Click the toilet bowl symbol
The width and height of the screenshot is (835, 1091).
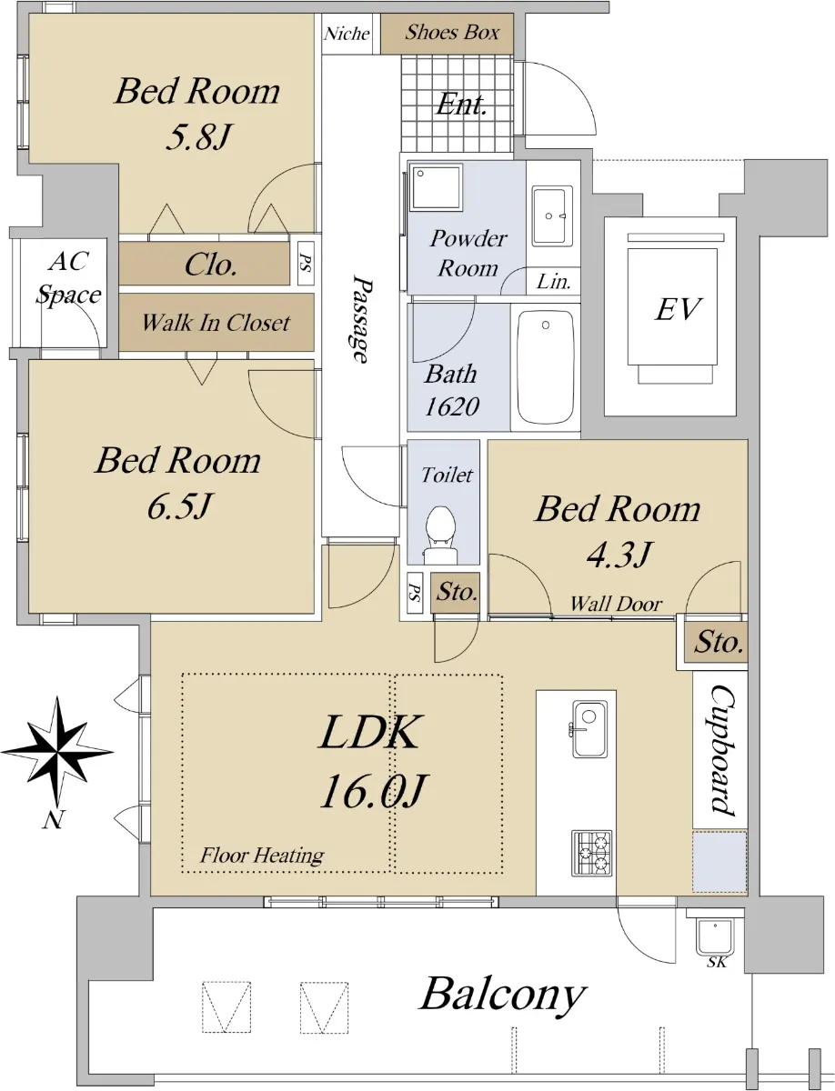click(440, 535)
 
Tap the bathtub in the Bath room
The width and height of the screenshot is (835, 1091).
click(546, 367)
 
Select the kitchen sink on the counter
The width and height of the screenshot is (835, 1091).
click(589, 728)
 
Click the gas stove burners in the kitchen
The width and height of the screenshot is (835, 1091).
click(591, 853)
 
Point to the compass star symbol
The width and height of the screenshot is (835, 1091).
click(57, 752)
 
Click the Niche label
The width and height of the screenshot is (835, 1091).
click(347, 34)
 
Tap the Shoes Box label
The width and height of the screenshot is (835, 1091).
click(452, 33)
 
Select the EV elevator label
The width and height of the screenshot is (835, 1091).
click(678, 309)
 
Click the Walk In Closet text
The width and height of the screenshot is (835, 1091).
click(216, 323)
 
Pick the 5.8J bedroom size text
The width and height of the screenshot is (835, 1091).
click(198, 136)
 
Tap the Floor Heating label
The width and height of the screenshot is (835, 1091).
click(262, 856)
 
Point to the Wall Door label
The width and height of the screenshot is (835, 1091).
click(616, 604)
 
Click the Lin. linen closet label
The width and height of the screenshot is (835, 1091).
click(554, 282)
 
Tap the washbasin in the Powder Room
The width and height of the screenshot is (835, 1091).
click(551, 216)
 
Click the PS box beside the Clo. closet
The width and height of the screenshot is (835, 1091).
click(306, 263)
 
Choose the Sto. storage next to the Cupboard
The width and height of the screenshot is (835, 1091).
click(716, 642)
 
